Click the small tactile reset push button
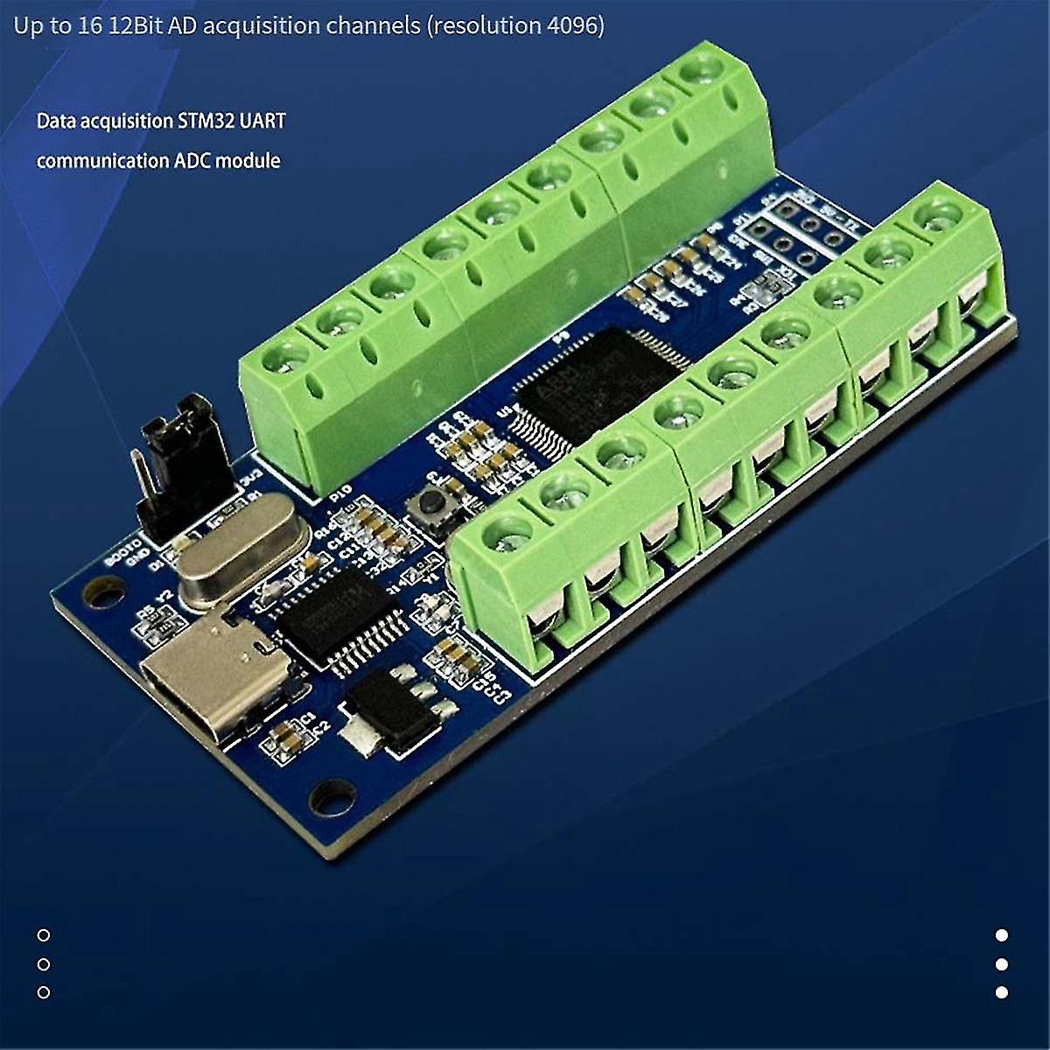tap(433, 503)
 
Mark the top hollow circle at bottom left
tap(44, 934)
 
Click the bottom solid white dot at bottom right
tap(1002, 992)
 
